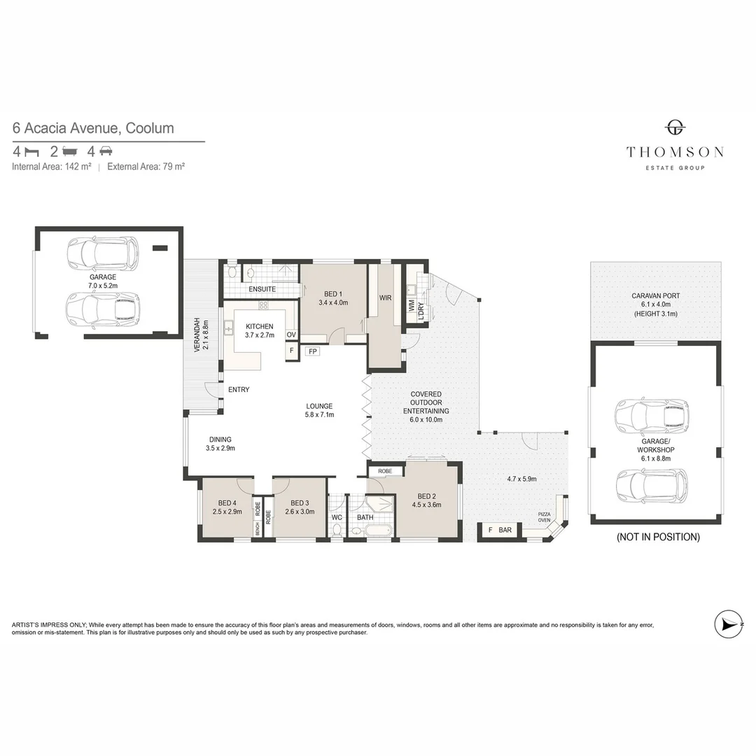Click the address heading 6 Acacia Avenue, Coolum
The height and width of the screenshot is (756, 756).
93,128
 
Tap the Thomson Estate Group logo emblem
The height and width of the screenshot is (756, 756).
675,127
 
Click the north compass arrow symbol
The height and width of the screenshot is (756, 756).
729,624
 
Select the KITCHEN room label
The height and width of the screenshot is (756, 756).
259,327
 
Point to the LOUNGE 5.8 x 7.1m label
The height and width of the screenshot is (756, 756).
319,410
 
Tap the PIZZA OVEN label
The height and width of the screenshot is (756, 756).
544,517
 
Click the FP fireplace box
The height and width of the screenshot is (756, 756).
312,351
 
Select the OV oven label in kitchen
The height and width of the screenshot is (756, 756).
291,335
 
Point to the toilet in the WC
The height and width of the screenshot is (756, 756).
337,531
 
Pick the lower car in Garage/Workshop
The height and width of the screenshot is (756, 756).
651,485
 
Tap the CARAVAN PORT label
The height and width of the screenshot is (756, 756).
655,295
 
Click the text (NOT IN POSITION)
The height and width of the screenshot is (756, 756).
657,538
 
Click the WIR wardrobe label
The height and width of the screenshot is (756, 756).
384,297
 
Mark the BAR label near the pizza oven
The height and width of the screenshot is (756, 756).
505,531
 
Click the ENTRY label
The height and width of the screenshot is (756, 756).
239,390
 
